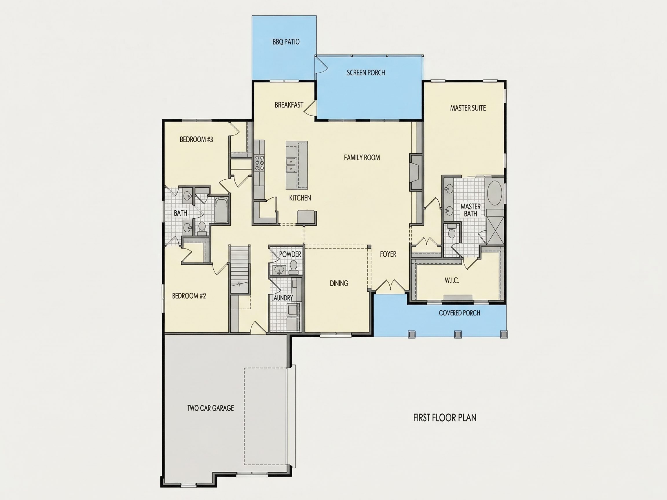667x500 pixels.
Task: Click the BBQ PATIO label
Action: tap(286, 42)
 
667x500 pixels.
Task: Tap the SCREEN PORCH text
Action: tap(366, 73)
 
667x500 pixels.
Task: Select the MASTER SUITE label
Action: tap(468, 108)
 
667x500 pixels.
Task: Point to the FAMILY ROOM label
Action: tap(362, 157)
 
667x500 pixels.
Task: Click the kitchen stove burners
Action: tap(259, 162)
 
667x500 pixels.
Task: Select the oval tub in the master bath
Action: tap(494, 193)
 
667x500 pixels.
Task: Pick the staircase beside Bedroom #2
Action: tap(240, 269)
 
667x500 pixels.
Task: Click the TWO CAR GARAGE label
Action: tap(210, 408)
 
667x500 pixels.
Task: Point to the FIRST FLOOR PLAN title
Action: tap(445, 418)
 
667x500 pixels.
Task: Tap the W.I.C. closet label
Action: tap(452, 281)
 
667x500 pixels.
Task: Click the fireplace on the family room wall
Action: tap(415, 172)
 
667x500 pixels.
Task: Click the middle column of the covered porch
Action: tap(458, 334)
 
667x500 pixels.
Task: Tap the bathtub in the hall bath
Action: tap(222, 210)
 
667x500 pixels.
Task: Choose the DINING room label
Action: tap(339, 283)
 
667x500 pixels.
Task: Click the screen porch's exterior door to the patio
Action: tap(320, 66)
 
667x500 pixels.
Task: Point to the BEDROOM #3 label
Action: tap(196, 139)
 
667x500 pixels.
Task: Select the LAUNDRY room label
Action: tap(282, 298)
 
